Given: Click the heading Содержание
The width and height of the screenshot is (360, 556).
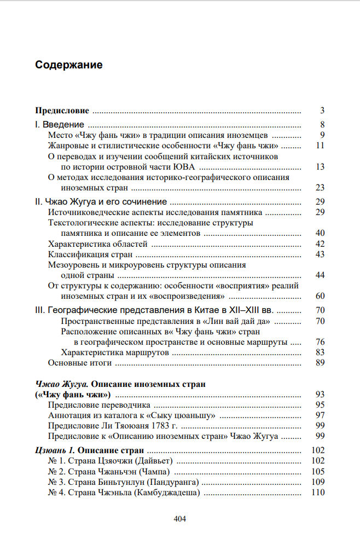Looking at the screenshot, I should [x=69, y=65].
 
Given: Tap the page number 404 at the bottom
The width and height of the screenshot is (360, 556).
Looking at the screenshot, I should [x=179, y=519].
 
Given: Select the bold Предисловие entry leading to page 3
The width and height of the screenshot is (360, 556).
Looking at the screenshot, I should [x=62, y=110].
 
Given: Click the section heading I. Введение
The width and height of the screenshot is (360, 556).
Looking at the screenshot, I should [x=60, y=124].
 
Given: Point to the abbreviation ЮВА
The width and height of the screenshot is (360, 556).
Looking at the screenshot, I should [x=187, y=167].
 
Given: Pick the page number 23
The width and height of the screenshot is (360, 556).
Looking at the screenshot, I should [x=320, y=188].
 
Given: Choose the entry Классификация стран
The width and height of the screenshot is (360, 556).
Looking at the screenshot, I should [x=90, y=254].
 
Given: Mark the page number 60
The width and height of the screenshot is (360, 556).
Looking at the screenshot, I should [x=320, y=296].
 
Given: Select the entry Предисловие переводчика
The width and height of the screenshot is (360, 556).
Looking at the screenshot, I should [x=99, y=405].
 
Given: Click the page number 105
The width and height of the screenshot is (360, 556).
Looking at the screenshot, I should [x=318, y=471].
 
